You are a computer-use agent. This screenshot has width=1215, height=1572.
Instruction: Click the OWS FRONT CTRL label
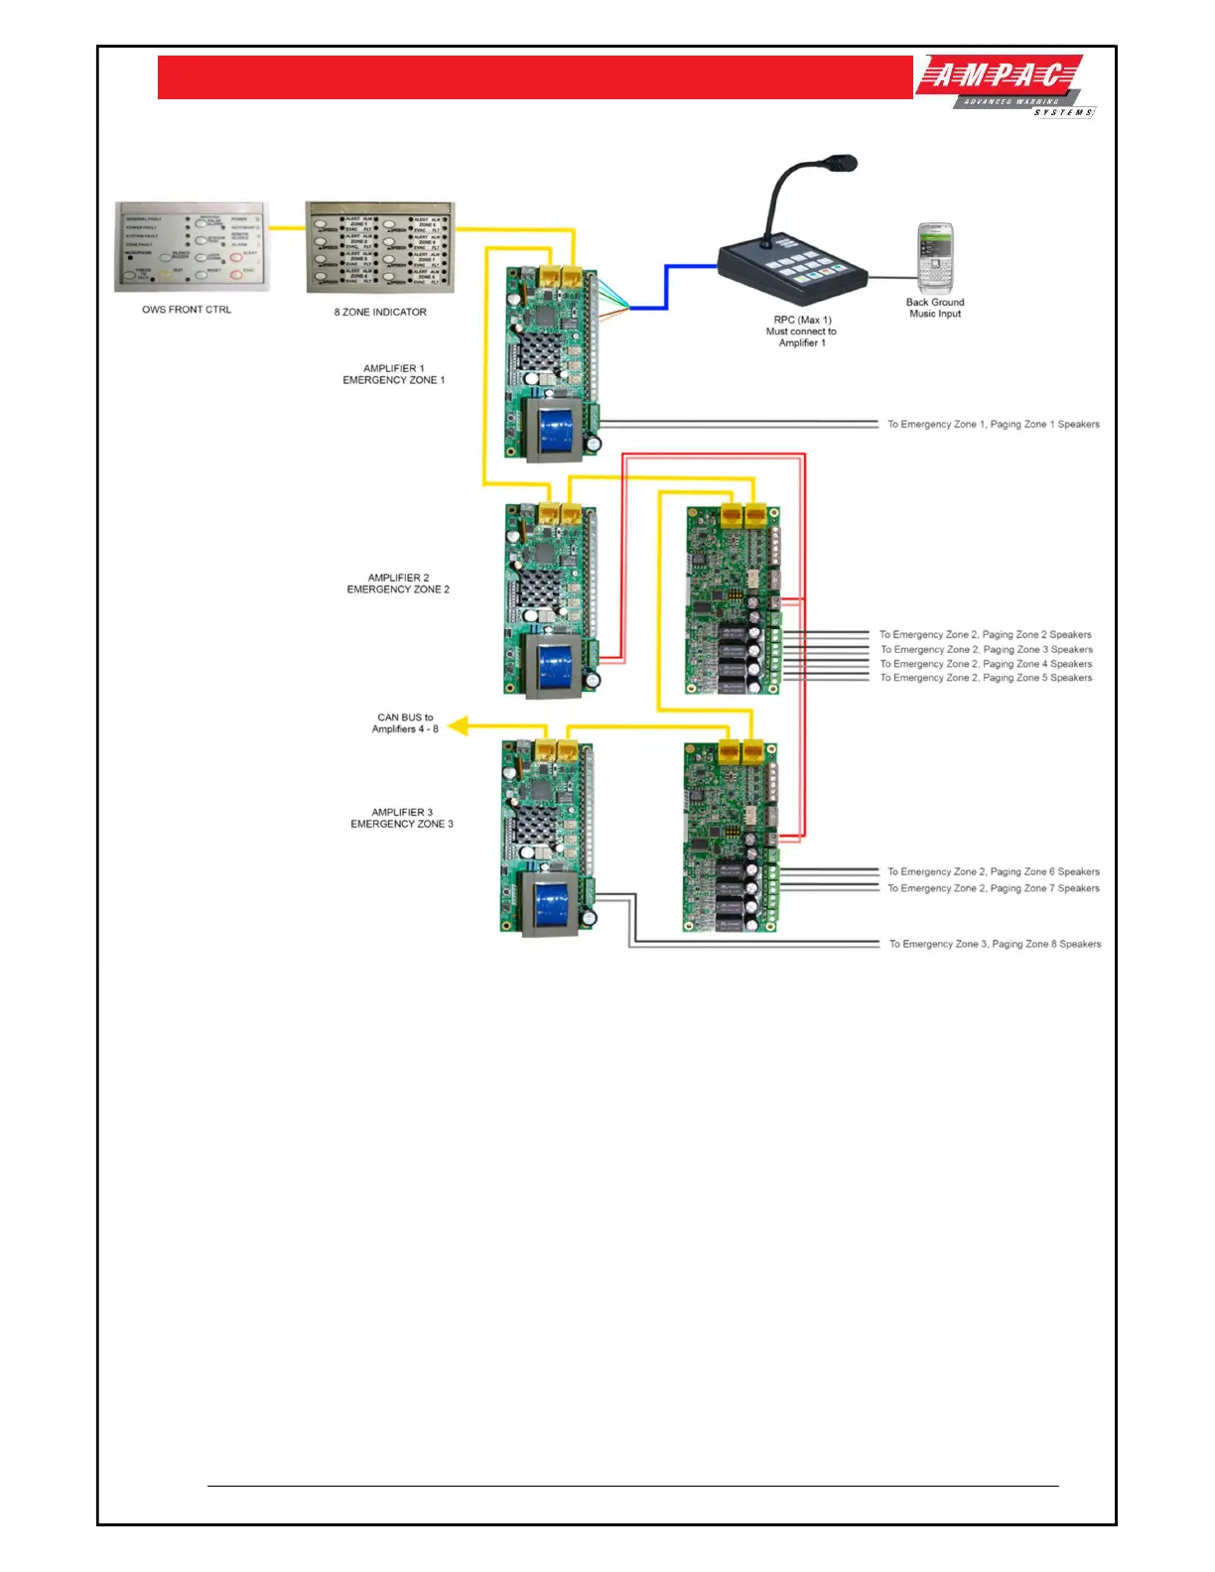[187, 310]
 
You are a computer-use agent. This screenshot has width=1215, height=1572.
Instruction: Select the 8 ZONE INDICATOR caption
[380, 312]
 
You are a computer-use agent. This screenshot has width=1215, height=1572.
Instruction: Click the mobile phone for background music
[934, 257]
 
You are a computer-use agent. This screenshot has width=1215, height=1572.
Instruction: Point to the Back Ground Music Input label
[935, 308]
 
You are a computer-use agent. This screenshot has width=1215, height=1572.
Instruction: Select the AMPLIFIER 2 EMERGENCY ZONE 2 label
[398, 584]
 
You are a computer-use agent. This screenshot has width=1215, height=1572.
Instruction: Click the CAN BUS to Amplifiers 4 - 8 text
[405, 722]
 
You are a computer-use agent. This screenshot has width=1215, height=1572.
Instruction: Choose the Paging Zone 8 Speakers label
[995, 944]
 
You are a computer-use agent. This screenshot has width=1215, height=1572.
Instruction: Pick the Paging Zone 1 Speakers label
[994, 424]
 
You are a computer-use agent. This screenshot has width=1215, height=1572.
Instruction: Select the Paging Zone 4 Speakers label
[986, 664]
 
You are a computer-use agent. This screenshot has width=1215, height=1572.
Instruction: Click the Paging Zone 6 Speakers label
[994, 871]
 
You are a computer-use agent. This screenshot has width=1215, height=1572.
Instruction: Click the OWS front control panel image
[192, 247]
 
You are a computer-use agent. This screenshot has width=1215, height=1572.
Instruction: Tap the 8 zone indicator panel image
[380, 247]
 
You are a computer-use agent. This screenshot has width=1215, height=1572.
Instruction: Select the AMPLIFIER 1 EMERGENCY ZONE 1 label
[394, 374]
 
